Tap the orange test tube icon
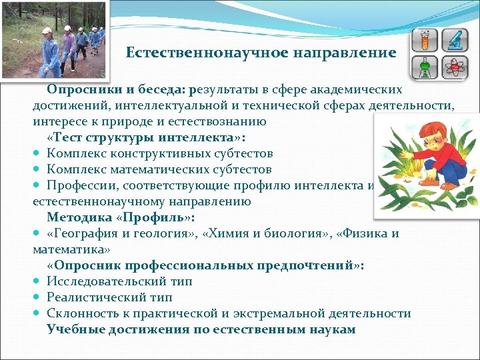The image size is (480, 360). click(x=424, y=41)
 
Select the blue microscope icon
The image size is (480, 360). click(x=455, y=41)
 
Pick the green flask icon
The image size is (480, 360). click(x=424, y=67)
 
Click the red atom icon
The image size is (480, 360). click(x=455, y=67)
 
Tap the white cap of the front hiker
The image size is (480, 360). click(x=46, y=31)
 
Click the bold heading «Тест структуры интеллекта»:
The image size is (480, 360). click(x=146, y=137)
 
